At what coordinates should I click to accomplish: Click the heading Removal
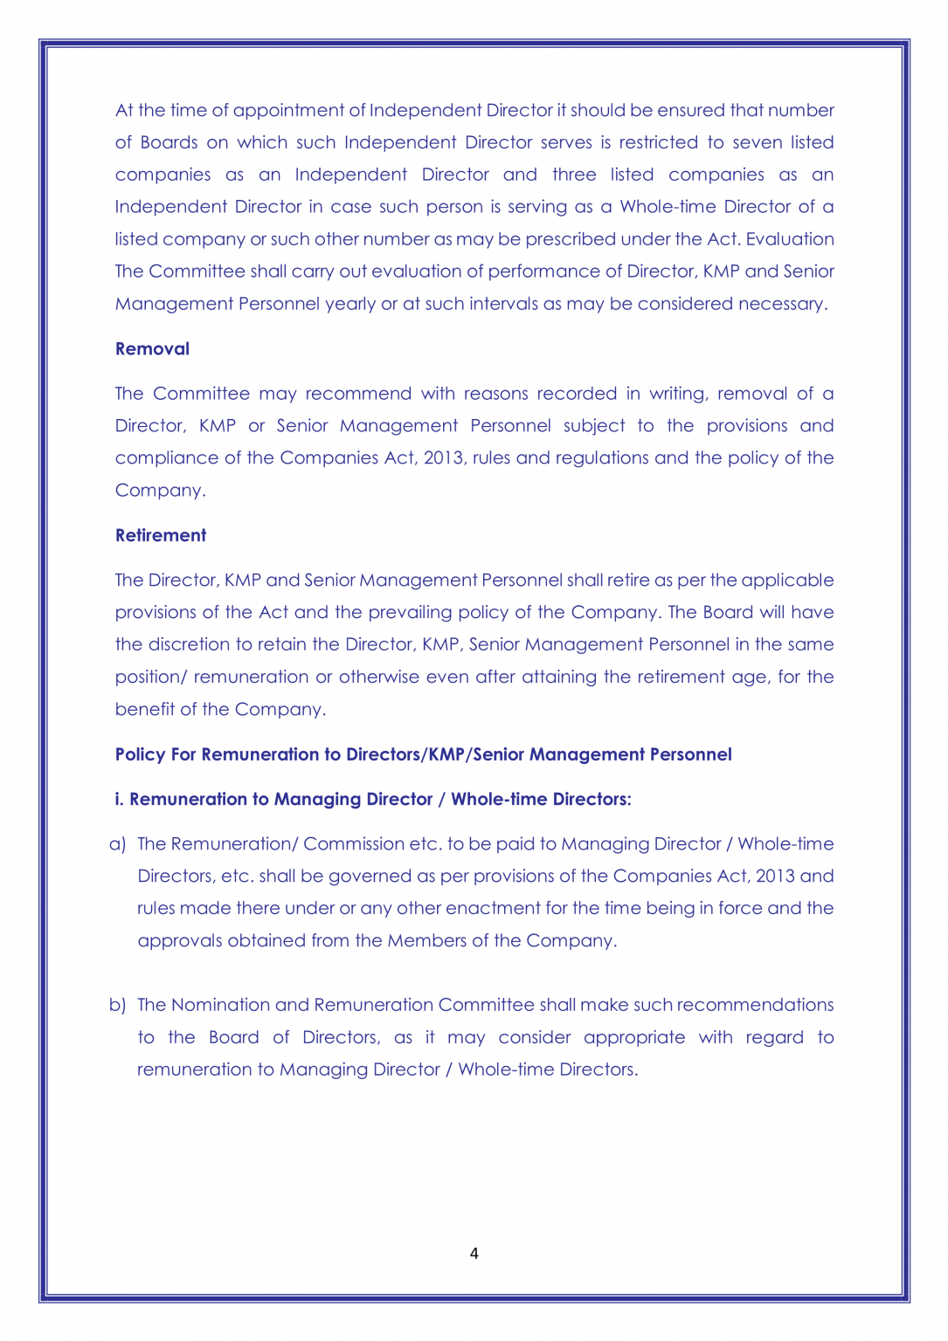[x=152, y=349]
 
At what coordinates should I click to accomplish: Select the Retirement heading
[x=161, y=536]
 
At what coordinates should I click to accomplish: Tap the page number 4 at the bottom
[x=474, y=1254]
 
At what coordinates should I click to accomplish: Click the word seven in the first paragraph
[x=758, y=142]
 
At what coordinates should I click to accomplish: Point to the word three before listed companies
[x=574, y=175]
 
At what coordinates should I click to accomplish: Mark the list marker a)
[x=118, y=844]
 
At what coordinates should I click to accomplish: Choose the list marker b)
[x=118, y=1005]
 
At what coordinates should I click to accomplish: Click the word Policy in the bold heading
[x=140, y=755]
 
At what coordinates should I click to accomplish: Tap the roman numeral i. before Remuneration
[x=120, y=800]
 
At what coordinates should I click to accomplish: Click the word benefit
[x=144, y=709]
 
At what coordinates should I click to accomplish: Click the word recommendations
[x=755, y=1005]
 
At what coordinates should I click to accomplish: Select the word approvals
[x=179, y=940]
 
